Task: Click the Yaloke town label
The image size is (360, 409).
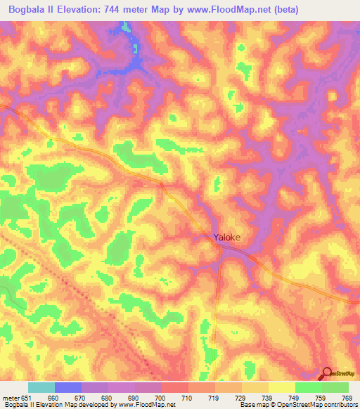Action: point(227,238)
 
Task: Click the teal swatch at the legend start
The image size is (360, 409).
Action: point(41,387)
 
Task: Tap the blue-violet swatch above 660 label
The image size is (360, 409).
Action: point(68,387)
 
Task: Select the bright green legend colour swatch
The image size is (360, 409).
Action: point(309,387)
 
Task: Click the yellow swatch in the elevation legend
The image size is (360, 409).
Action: point(282,387)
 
